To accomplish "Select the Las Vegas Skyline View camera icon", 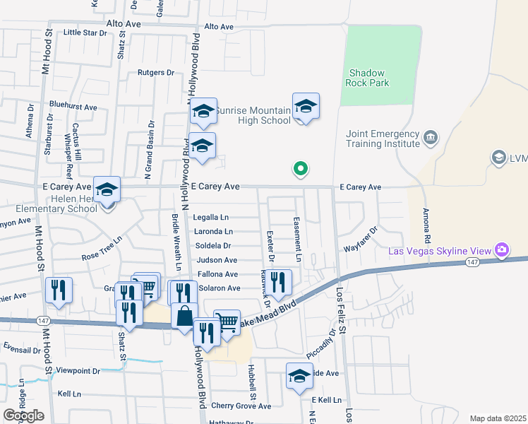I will tap(502, 249).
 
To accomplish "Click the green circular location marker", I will tap(300, 169).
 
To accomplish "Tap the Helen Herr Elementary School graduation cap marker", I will tap(107, 189).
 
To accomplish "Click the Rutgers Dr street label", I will tap(156, 73).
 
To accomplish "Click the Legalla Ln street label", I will tap(211, 217).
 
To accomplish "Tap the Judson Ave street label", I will tap(217, 260).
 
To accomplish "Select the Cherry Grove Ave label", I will tap(241, 406).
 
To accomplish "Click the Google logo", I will tap(23, 416).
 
